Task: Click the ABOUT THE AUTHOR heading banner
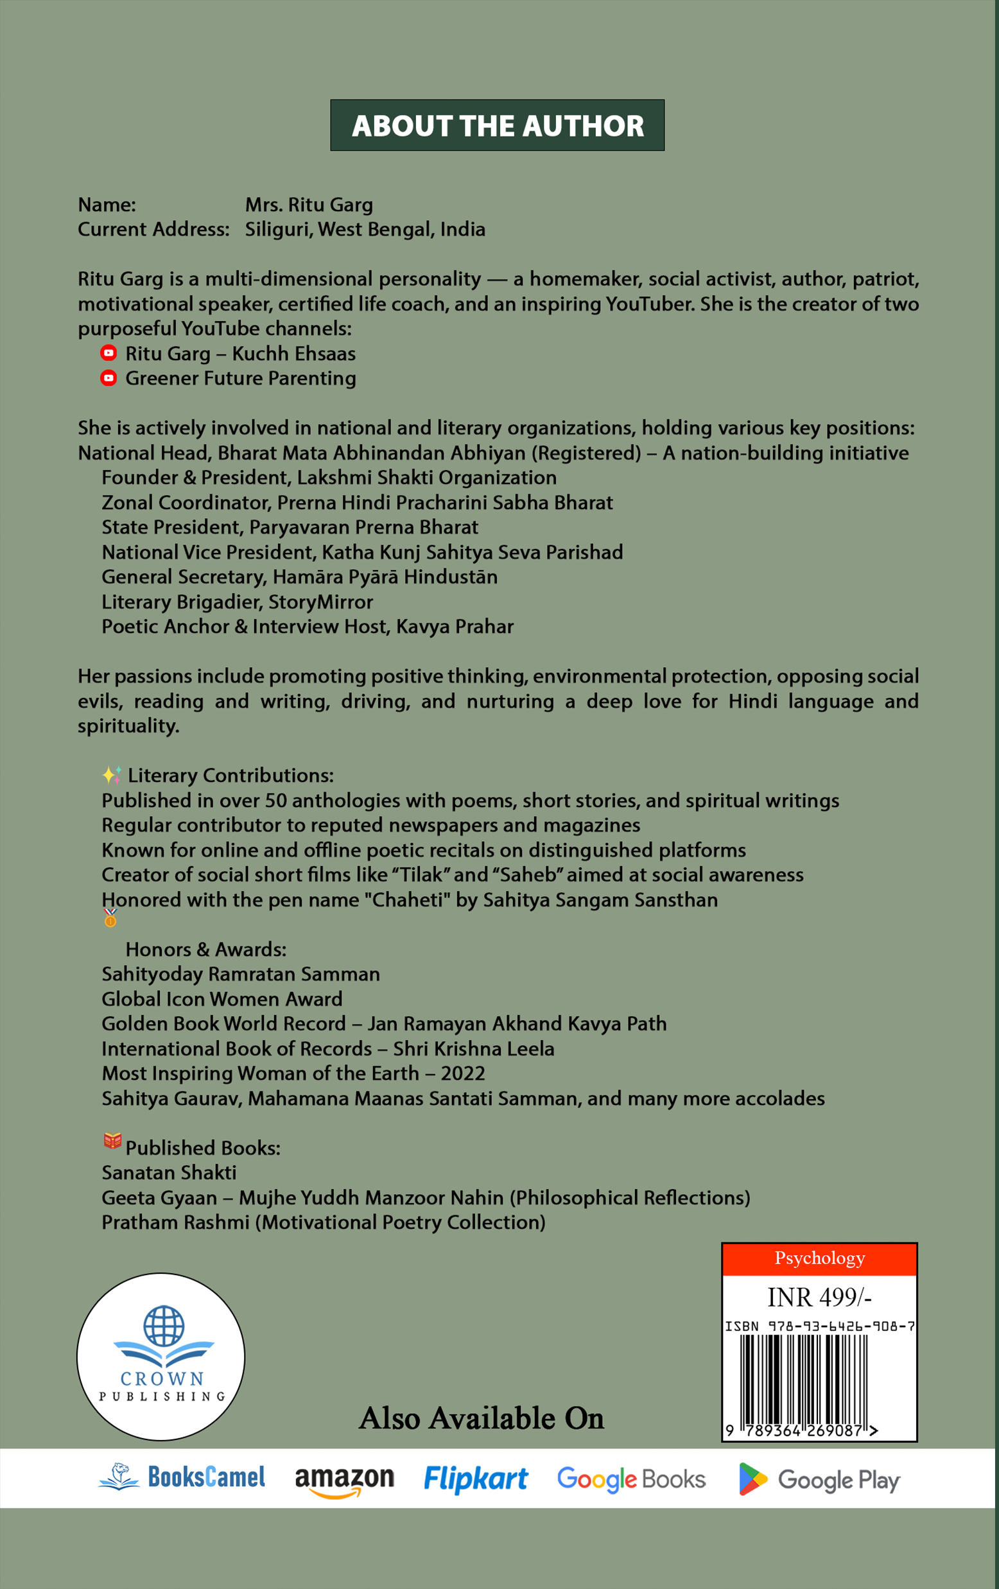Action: pyautogui.click(x=497, y=125)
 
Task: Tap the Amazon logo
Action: pyautogui.click(x=343, y=1479)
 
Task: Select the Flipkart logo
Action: pyautogui.click(x=475, y=1479)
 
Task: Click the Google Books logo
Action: pyautogui.click(x=631, y=1479)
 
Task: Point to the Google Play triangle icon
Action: pyautogui.click(x=752, y=1479)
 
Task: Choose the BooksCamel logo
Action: pyautogui.click(x=182, y=1477)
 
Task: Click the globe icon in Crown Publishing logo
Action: pyautogui.click(x=163, y=1325)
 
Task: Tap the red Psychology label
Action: pyautogui.click(x=819, y=1258)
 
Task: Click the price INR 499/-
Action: pyautogui.click(x=819, y=1298)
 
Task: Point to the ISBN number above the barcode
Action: pyautogui.click(x=819, y=1326)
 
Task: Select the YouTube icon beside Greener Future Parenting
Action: pyautogui.click(x=109, y=378)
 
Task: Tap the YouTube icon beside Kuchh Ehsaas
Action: pyautogui.click(x=109, y=353)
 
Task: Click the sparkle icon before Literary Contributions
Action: pyautogui.click(x=112, y=774)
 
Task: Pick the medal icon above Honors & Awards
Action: pyautogui.click(x=110, y=917)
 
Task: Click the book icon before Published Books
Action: pyautogui.click(x=112, y=1141)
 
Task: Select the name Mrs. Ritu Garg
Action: pyautogui.click(x=309, y=205)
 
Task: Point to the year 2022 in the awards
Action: pyautogui.click(x=462, y=1073)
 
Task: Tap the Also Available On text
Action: pyautogui.click(x=481, y=1418)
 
